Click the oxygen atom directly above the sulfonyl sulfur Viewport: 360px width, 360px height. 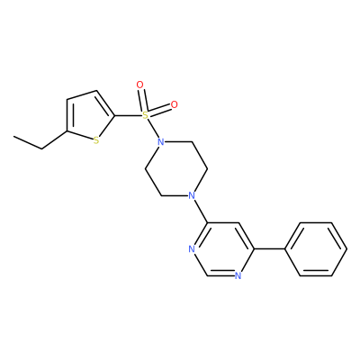point(139,85)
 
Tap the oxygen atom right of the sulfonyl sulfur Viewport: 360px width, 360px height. point(174,104)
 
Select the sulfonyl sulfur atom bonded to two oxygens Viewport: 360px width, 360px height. point(145,114)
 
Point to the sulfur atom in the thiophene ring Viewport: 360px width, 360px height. point(96,140)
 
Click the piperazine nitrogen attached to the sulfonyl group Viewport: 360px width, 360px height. point(161,141)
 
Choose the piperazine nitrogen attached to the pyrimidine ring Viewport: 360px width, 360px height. point(192,195)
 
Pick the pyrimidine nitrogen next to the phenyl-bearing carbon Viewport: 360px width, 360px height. point(238,275)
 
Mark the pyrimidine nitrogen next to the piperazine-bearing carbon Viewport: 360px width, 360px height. point(192,249)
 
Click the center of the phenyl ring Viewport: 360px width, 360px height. point(316,249)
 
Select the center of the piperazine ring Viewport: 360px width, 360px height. point(176,168)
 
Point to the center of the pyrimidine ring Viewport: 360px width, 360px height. point(222,249)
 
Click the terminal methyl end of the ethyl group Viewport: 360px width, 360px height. point(13,137)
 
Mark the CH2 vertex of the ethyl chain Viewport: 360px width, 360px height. point(41,148)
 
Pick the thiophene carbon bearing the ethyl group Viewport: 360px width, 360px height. point(67,130)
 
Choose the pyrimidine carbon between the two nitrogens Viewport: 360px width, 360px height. point(208,275)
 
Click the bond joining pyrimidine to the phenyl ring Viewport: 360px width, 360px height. point(269,249)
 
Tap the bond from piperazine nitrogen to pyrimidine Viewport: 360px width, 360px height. point(201,211)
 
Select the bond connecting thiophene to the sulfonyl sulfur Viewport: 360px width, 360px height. point(128,115)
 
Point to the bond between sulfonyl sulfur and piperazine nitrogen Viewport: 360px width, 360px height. point(153,128)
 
